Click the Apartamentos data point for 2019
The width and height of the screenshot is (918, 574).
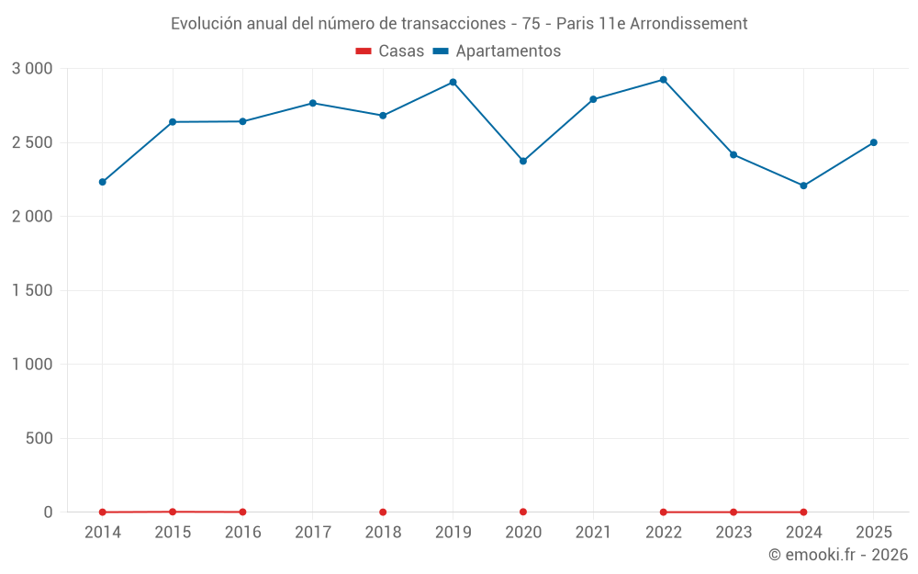pos(453,83)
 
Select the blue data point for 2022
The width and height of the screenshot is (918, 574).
pos(664,80)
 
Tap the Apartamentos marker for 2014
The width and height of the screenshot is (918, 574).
pos(103,182)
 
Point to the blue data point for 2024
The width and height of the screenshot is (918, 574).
pos(803,186)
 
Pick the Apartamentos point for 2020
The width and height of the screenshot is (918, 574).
pos(523,161)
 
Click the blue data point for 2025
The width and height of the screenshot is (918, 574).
pos(874,142)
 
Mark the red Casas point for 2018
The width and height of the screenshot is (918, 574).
pos(383,512)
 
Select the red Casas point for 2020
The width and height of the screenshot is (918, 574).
pos(523,512)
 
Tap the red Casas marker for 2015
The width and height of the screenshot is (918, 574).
pos(173,512)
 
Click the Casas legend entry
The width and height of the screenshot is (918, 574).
pos(390,51)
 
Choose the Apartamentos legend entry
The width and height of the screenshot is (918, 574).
pos(497,51)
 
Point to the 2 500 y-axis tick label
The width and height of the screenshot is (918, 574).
pos(32,143)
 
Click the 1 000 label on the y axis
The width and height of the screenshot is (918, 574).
pos(32,365)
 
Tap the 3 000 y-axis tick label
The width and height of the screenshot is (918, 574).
pos(32,69)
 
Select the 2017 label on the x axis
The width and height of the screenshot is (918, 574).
pos(313,532)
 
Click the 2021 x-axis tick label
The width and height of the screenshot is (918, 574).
pos(593,532)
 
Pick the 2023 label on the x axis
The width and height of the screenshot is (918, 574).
pos(733,532)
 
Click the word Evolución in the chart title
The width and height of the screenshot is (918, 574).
pos(207,24)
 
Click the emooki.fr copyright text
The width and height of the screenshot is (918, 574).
pos(838,554)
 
